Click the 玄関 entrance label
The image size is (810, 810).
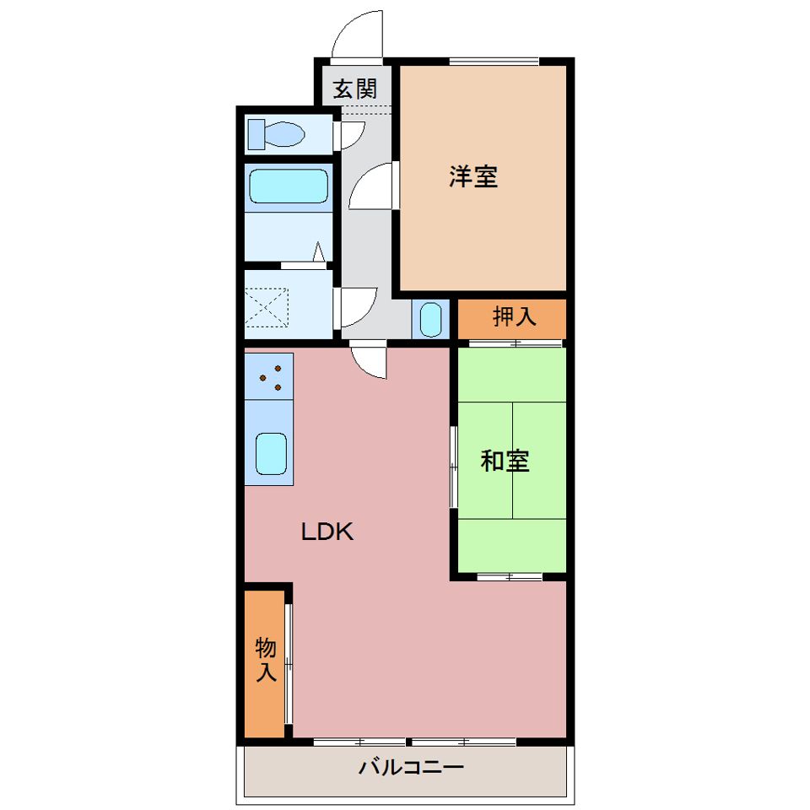coord(355,89)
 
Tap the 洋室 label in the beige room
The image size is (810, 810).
coord(473,176)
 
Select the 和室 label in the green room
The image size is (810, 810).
coord(505,461)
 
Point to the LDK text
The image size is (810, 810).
coord(327,532)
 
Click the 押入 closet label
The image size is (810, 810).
coord(514,316)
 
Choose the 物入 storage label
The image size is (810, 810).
coord(266,660)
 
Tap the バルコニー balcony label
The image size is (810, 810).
coord(411,767)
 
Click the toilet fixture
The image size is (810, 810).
coord(276,134)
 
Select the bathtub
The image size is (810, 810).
coord(289,186)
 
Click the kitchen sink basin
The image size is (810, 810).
coord(271,454)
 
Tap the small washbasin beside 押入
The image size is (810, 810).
coord(431,319)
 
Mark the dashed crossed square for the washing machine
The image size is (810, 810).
coord(266,307)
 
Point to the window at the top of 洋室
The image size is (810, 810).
coord(494,62)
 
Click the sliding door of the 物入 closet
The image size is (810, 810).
coord(289,663)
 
